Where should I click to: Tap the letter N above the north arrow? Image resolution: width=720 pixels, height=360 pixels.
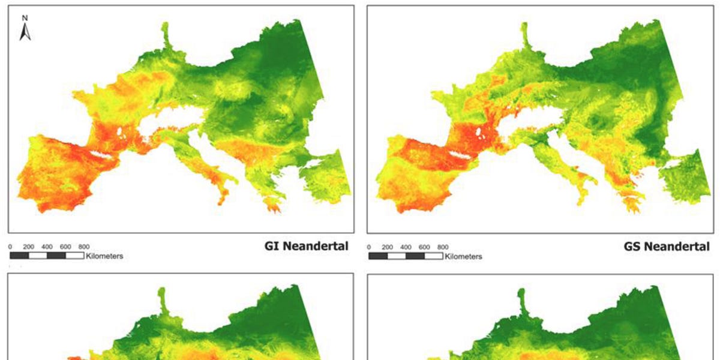(25, 19)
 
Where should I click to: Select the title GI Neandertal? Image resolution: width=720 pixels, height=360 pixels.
(306, 246)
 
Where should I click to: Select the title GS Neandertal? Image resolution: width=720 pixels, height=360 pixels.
(667, 246)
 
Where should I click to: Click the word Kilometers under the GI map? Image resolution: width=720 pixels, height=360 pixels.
(104, 256)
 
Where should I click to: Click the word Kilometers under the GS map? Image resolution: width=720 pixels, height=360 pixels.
(463, 256)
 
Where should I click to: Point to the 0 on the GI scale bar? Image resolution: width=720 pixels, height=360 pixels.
(11, 247)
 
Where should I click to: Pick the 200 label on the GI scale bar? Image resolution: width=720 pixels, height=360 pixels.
(29, 247)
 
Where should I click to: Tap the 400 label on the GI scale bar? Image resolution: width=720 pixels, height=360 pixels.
(47, 247)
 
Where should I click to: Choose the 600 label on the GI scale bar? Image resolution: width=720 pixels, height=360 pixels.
(65, 247)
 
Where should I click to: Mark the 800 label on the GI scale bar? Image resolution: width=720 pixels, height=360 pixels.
(84, 247)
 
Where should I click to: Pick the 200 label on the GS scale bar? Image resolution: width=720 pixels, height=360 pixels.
(388, 247)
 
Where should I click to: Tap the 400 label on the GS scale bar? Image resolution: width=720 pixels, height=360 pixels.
(406, 247)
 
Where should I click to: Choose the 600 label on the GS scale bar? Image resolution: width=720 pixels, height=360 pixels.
(424, 247)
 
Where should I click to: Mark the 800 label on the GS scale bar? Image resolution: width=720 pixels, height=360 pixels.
(443, 247)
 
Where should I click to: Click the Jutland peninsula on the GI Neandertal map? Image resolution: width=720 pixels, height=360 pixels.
(166, 39)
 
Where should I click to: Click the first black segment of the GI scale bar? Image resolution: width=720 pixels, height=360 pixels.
(20, 256)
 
